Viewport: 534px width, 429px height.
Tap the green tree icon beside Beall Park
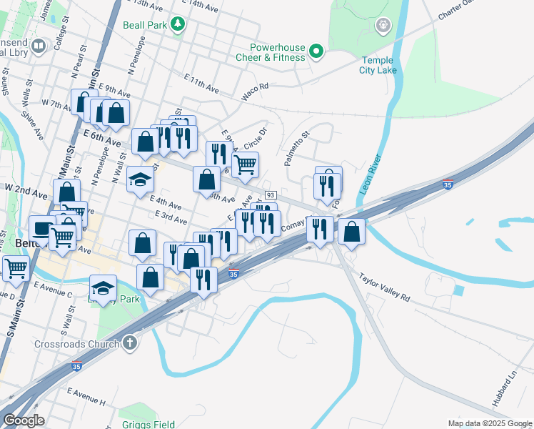[178, 25]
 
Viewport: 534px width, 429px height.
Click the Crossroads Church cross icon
[129, 343]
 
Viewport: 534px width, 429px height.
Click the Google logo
[24, 420]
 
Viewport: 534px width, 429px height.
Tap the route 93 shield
[270, 195]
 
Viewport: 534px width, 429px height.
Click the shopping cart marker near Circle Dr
[245, 164]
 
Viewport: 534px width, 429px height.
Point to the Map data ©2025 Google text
[489, 423]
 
